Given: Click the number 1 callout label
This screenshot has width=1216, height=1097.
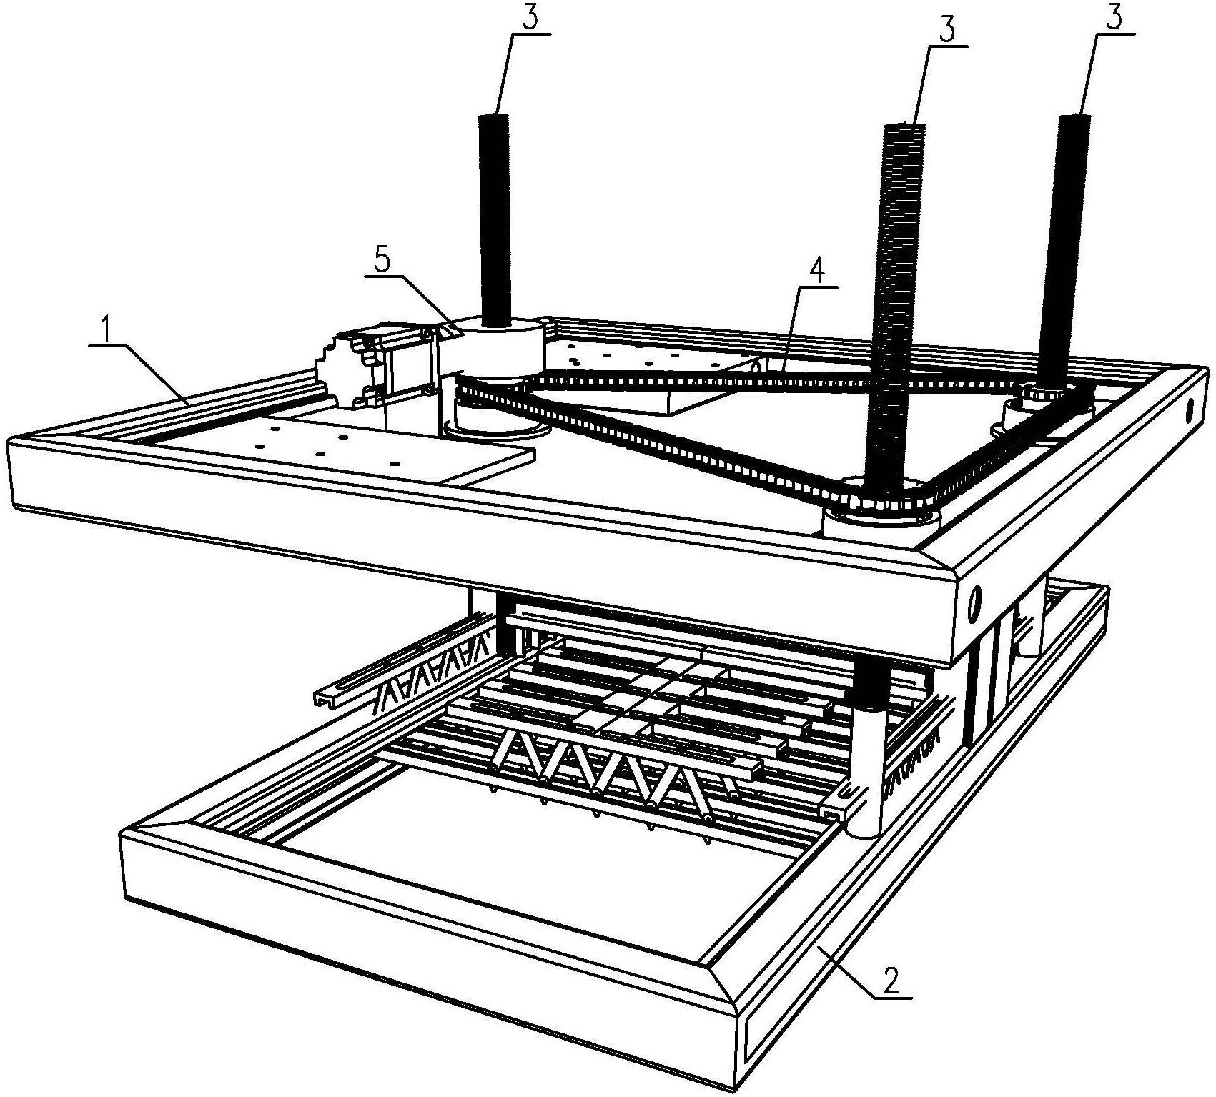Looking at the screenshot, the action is pyautogui.click(x=107, y=330).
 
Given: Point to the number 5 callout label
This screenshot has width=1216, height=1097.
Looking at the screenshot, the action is pyautogui.click(x=383, y=260).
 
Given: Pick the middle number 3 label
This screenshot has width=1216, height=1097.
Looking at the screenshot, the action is pyautogui.click(x=946, y=31).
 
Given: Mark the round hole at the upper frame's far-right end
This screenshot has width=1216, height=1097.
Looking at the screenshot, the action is pyautogui.click(x=1190, y=411).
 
